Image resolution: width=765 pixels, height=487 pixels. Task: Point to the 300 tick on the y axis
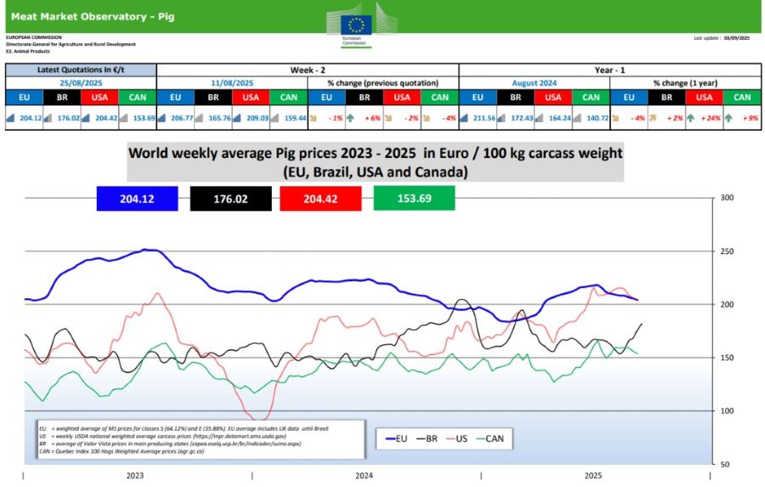[x=726, y=198]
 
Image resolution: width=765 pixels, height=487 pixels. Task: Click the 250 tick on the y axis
[x=726, y=252]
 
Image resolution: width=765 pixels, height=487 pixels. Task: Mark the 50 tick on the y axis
[x=726, y=464]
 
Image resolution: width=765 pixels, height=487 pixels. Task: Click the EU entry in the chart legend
[x=397, y=439]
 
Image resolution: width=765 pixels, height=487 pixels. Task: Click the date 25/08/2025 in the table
[x=81, y=83]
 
